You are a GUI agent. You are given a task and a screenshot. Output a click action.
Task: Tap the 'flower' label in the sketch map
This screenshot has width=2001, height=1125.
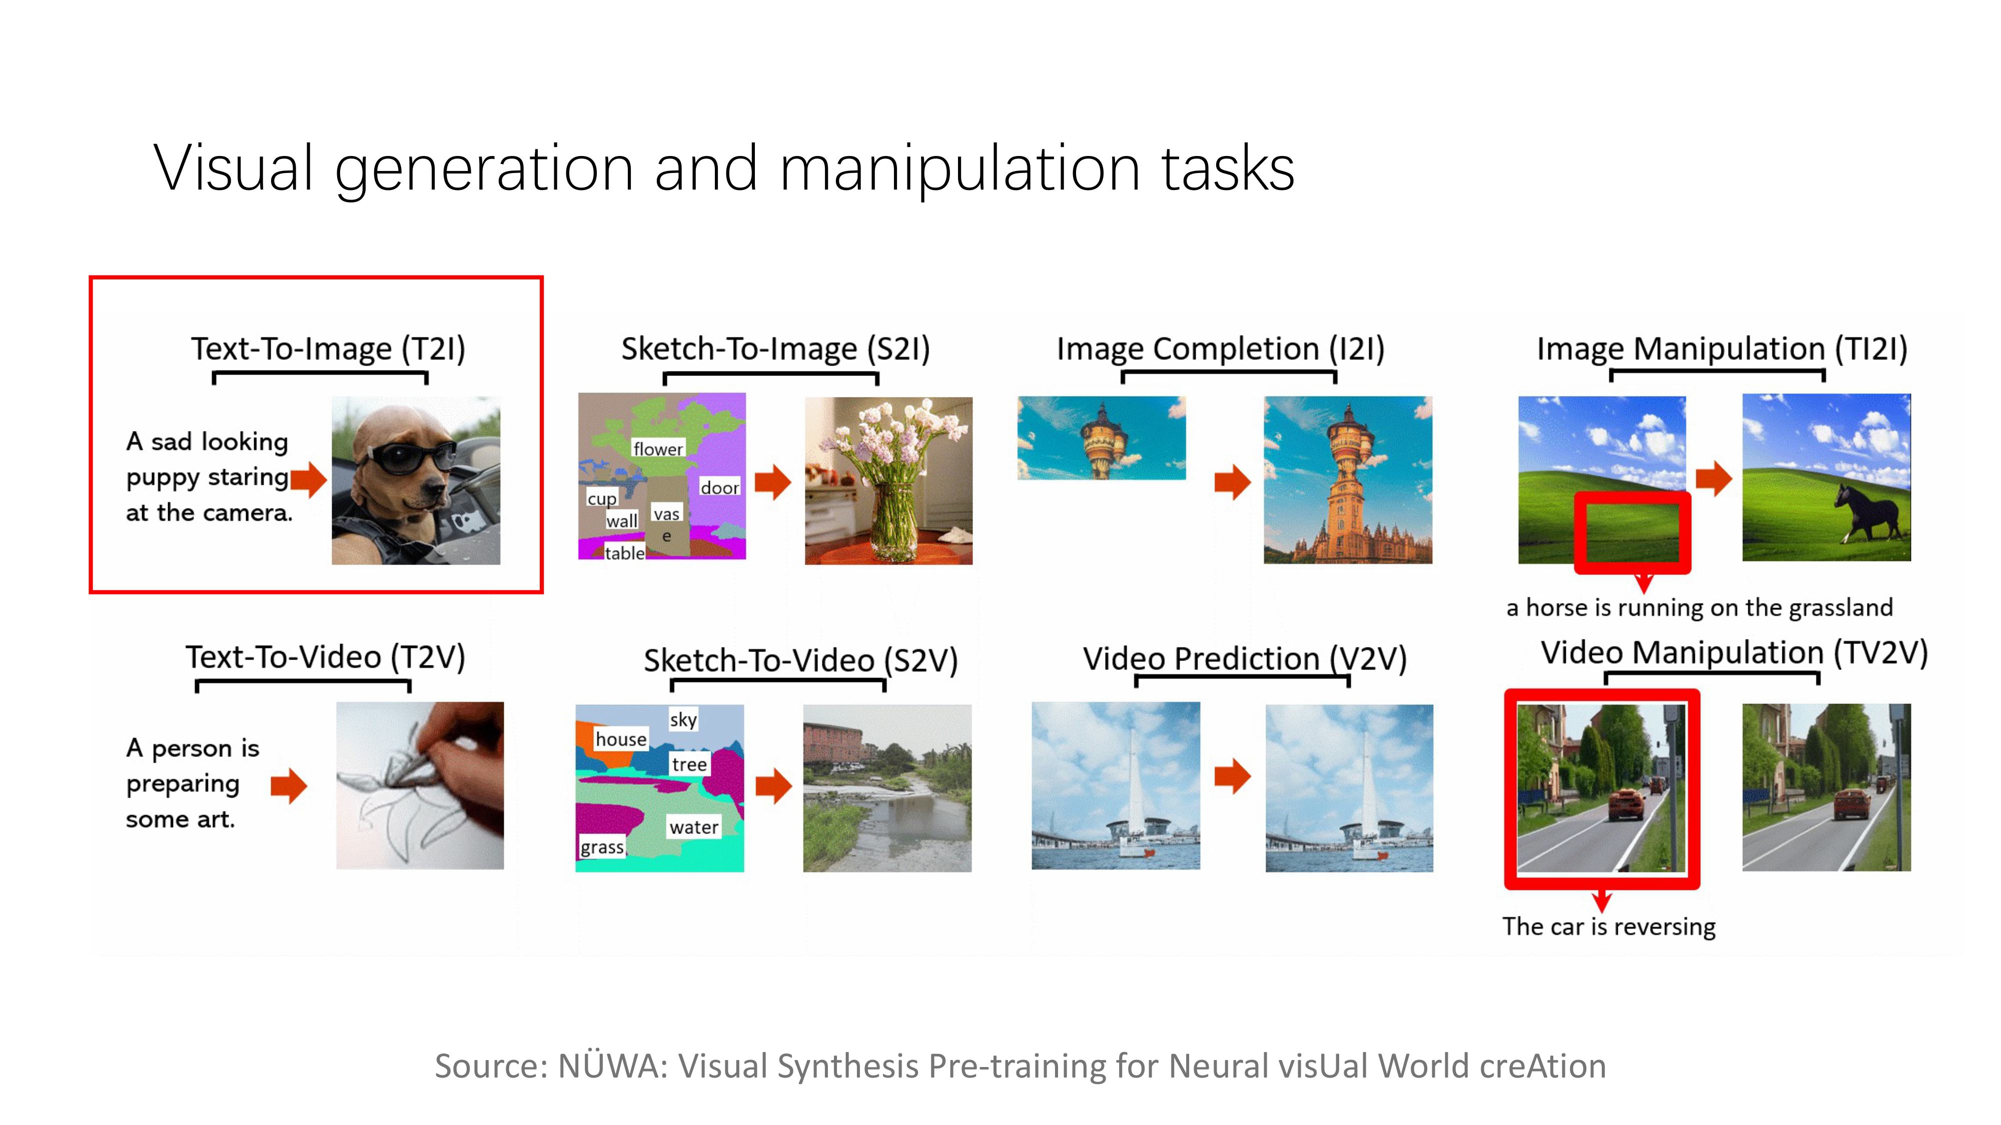click(658, 449)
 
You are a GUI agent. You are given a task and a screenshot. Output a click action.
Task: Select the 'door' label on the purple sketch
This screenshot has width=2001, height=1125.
click(719, 487)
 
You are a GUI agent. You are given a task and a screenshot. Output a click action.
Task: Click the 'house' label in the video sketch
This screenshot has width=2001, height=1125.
click(621, 738)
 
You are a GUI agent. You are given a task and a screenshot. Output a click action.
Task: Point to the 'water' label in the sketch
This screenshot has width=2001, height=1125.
click(694, 827)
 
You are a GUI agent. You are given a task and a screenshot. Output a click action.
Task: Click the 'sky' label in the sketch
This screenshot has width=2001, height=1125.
click(683, 719)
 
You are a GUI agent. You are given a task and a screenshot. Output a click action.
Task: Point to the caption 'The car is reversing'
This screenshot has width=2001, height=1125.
click(1609, 926)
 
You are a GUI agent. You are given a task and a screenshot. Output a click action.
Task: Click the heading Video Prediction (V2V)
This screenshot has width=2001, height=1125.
click(1245, 659)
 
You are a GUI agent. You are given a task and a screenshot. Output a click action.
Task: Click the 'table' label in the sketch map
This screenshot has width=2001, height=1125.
click(624, 553)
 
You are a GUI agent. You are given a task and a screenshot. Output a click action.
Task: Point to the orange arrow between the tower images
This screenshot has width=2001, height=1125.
click(1232, 482)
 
